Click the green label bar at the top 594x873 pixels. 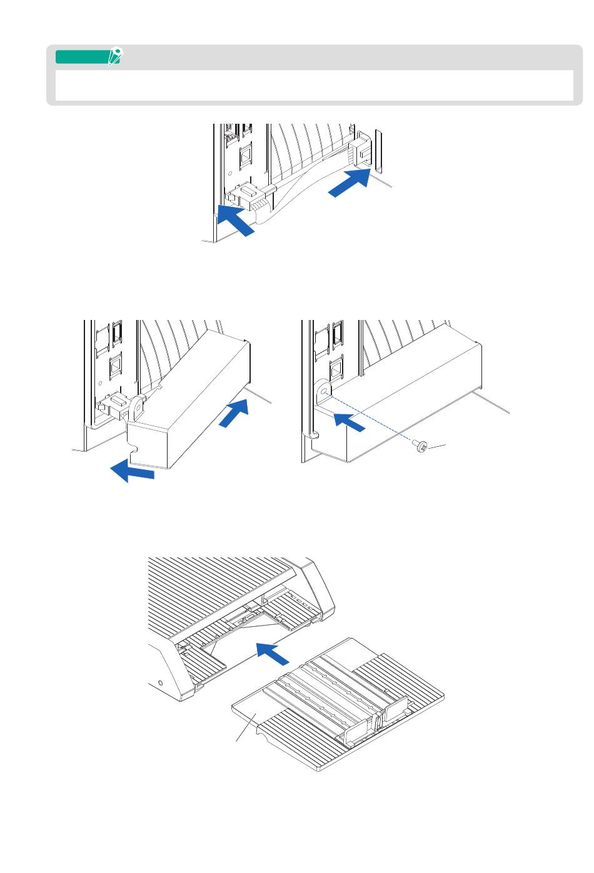point(81,57)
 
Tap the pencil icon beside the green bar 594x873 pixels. point(114,57)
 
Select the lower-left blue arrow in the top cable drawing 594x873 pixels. point(234,221)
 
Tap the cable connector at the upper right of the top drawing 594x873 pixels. point(361,153)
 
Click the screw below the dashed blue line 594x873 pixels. point(420,446)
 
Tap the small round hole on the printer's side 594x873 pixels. point(162,682)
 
